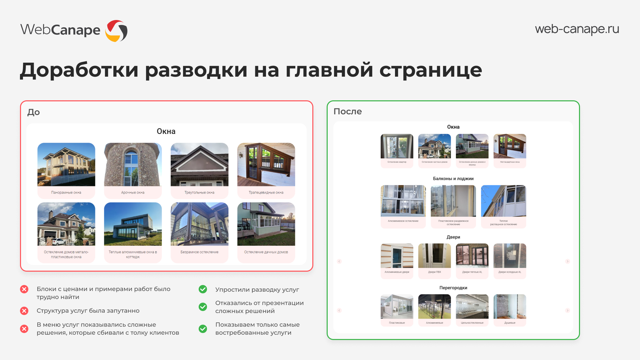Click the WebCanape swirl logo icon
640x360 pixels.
coord(116,31)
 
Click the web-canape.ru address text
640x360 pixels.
coord(577,29)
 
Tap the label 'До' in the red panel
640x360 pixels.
coord(33,112)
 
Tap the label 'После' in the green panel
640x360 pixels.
coord(347,111)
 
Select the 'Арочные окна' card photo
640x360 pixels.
coord(133,164)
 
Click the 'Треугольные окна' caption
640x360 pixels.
coord(199,192)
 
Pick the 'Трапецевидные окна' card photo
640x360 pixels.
coord(266,164)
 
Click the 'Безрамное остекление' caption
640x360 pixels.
coord(199,252)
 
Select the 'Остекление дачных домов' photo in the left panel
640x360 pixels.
coord(266,224)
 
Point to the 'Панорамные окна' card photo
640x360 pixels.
coord(66,164)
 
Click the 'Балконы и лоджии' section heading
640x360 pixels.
coord(453,179)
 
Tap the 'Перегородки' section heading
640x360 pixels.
coord(453,288)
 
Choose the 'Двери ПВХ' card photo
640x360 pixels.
coord(434,256)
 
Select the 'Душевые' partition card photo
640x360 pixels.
coord(510,306)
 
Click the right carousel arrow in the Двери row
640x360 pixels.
coord(567,261)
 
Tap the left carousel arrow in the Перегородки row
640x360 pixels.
coord(339,310)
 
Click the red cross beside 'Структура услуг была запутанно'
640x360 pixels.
coord(24,311)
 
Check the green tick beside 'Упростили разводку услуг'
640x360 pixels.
coord(203,289)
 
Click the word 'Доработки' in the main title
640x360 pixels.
coord(79,70)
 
